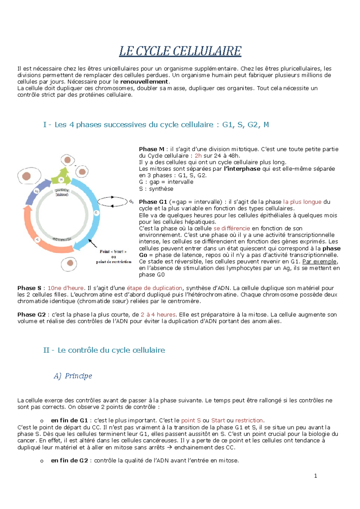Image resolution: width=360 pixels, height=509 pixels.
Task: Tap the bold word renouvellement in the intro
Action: (144, 82)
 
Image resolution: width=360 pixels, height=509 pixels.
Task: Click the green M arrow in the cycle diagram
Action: (61, 178)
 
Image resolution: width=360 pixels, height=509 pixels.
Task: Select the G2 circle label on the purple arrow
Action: (36, 191)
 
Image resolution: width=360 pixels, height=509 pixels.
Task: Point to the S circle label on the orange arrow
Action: (37, 240)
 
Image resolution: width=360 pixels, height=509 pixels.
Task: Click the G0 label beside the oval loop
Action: (131, 202)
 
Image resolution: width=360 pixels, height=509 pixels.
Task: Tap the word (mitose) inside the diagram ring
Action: (62, 195)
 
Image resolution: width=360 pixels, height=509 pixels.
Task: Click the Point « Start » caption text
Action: (113, 252)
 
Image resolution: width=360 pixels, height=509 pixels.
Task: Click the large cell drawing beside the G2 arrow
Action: (29, 176)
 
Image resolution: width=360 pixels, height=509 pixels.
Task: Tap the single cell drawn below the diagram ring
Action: (69, 264)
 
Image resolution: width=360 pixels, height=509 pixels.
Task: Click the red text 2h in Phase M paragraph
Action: (198, 156)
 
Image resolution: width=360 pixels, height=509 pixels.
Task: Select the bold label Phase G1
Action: (153, 202)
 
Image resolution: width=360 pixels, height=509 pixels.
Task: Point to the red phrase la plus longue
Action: (302, 202)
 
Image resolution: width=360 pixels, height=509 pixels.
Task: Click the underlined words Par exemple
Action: (320, 261)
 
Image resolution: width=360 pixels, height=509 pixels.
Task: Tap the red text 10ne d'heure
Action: (65, 288)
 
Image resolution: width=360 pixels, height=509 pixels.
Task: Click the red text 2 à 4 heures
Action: (158, 314)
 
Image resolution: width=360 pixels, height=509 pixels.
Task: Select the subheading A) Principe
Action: (73, 376)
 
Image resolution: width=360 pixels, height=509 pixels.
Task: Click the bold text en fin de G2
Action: (69, 460)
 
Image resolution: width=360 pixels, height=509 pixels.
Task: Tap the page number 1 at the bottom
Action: (315, 476)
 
